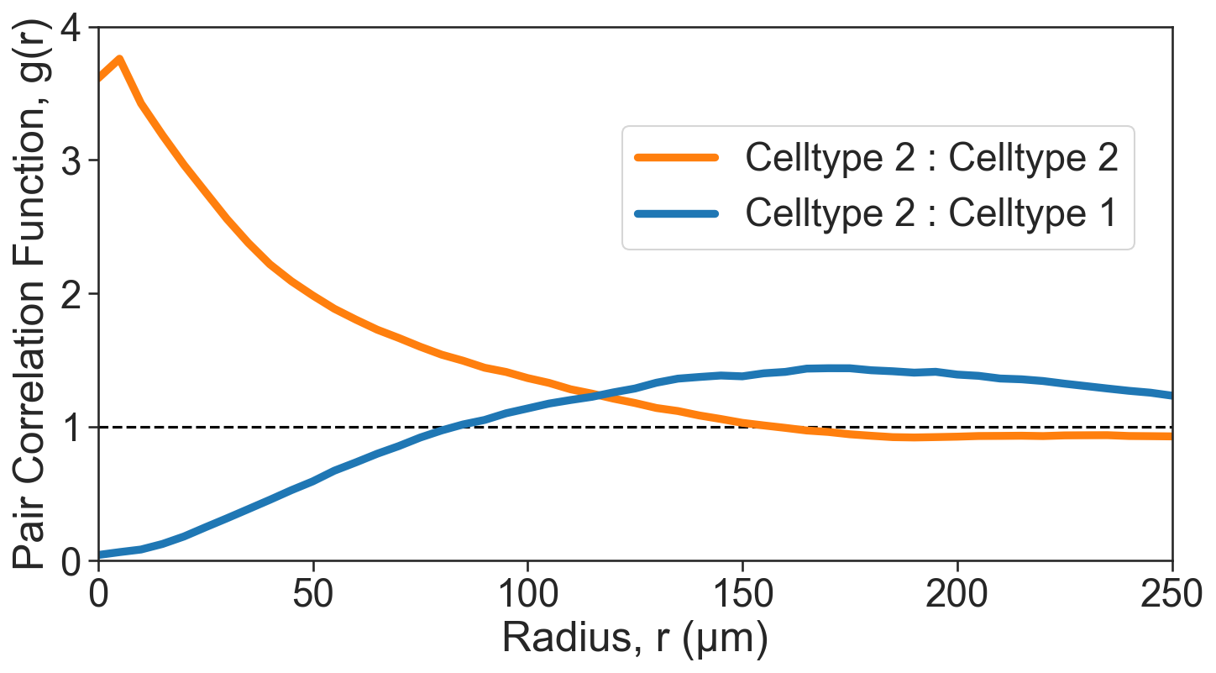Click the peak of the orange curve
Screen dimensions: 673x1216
(x=119, y=59)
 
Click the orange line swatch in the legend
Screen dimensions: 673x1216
(x=677, y=157)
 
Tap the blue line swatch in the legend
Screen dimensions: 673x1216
(x=677, y=213)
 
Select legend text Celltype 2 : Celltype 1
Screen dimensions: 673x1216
(x=931, y=213)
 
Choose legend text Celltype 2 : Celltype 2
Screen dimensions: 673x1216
(x=931, y=157)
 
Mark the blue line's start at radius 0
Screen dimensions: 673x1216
(x=100, y=555)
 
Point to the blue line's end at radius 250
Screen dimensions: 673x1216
(x=1171, y=395)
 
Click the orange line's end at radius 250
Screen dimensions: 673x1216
(x=1171, y=436)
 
